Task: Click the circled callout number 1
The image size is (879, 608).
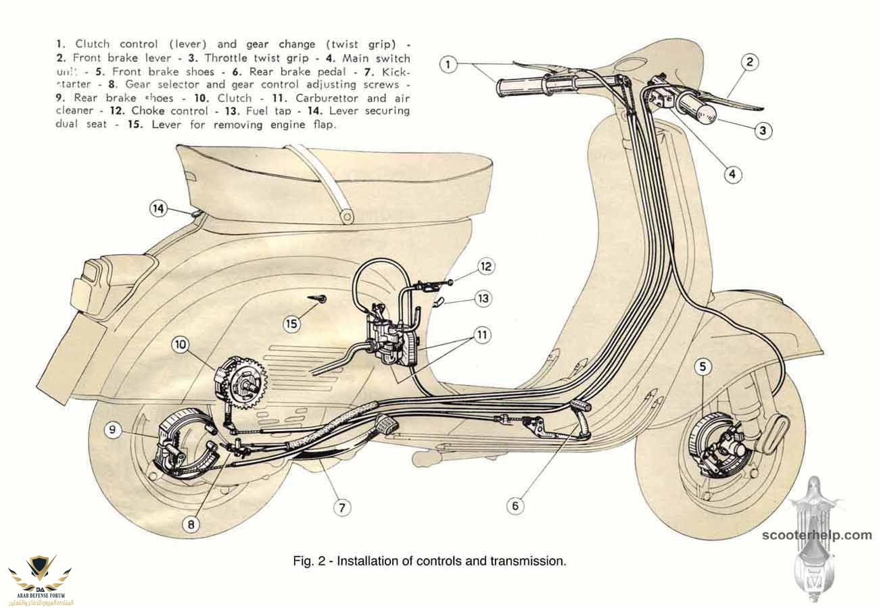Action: [x=448, y=65]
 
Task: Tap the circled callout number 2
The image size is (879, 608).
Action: [x=749, y=63]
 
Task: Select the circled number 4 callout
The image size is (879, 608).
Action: [x=732, y=174]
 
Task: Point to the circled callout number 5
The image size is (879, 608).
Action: [x=704, y=367]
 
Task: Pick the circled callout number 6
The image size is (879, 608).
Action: [x=515, y=505]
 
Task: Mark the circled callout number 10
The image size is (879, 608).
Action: [x=180, y=345]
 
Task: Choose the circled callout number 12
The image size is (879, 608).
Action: [x=485, y=266]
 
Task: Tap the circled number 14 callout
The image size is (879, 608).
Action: [x=158, y=209]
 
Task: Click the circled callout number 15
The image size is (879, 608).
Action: [x=291, y=324]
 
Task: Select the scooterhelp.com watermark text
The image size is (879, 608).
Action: [x=817, y=535]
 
